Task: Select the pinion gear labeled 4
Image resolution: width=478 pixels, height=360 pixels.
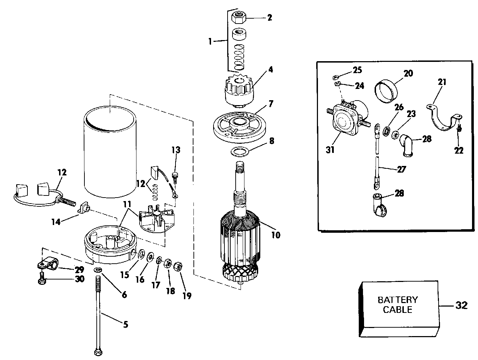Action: [x=239, y=91]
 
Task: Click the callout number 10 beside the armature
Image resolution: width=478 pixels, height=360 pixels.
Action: [x=276, y=235]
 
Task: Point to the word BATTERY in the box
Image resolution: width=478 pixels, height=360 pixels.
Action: [x=398, y=300]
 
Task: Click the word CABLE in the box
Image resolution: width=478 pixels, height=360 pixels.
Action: [x=398, y=309]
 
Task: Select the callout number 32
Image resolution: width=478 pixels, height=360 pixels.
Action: [x=461, y=305]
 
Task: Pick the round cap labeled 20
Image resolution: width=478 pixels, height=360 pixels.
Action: [x=386, y=91]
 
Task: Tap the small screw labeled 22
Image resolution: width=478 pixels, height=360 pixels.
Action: [x=458, y=128]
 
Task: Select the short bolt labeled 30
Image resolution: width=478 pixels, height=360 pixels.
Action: [x=42, y=278]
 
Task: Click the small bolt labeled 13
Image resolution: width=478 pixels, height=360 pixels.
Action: [x=175, y=178]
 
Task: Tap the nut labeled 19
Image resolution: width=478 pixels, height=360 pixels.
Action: [x=178, y=266]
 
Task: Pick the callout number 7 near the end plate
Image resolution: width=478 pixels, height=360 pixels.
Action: [x=271, y=104]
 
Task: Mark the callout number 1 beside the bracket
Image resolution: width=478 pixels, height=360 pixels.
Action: [x=210, y=41]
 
